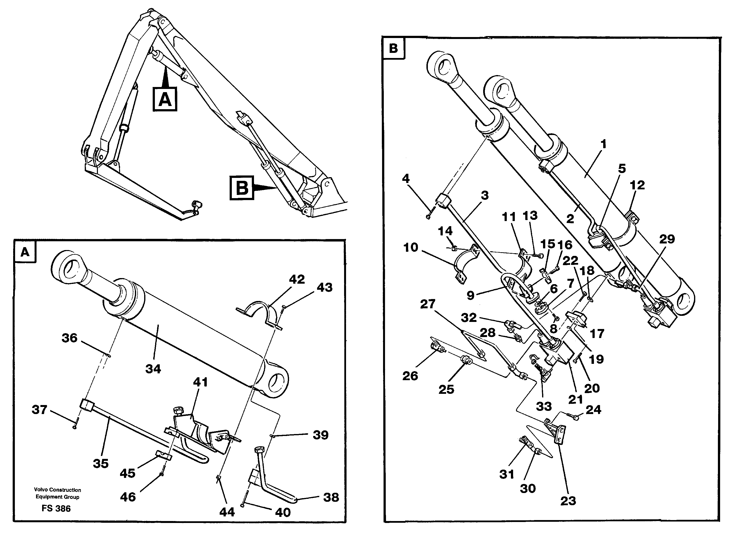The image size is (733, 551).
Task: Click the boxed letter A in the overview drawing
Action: click(x=165, y=99)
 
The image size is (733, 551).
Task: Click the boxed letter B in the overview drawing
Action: click(x=242, y=188)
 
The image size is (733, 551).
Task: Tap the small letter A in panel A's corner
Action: click(x=25, y=252)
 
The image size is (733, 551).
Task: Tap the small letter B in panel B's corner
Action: click(x=393, y=48)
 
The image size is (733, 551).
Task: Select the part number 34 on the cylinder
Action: click(x=153, y=369)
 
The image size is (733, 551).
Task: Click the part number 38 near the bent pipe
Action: click(x=331, y=497)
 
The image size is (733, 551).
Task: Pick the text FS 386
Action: click(x=56, y=509)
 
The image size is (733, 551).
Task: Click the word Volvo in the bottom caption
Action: click(x=41, y=490)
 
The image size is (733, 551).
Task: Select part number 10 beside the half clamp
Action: click(x=411, y=247)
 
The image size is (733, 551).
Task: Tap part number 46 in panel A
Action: click(x=128, y=497)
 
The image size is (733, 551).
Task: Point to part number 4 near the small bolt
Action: click(x=406, y=179)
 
